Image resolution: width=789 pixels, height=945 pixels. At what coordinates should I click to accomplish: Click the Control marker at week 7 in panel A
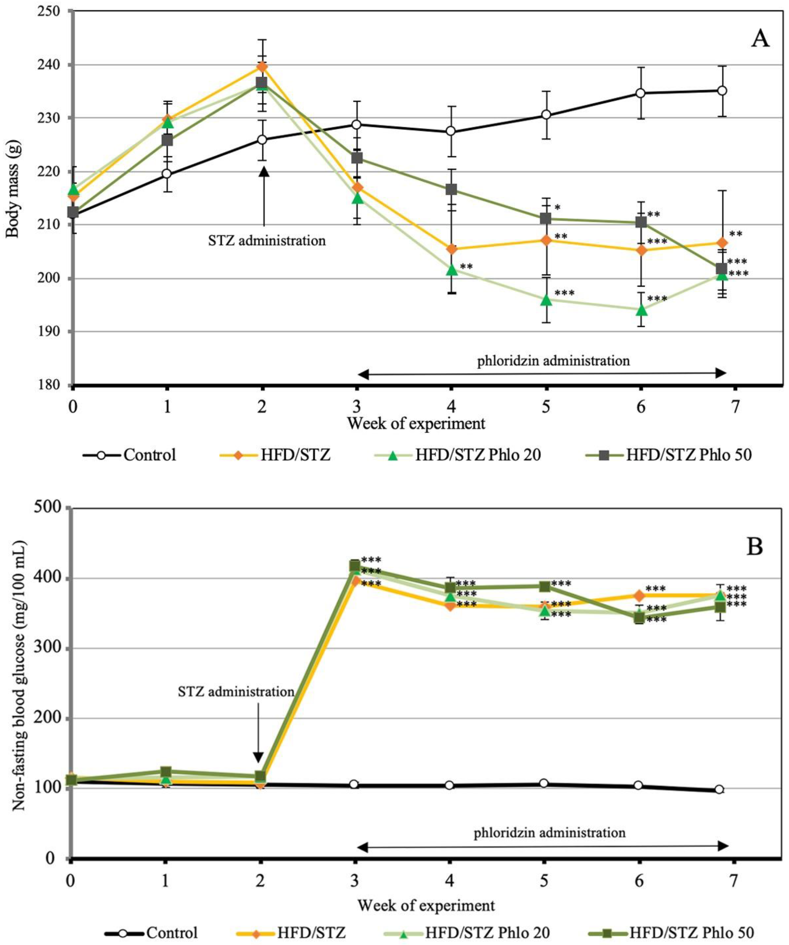tap(722, 91)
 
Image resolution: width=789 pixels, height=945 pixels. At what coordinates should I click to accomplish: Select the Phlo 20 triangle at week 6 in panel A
tap(642, 310)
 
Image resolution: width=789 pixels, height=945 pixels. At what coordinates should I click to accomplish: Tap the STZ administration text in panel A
tap(267, 241)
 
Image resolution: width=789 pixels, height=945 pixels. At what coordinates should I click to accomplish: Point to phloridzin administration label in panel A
tap(553, 360)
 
